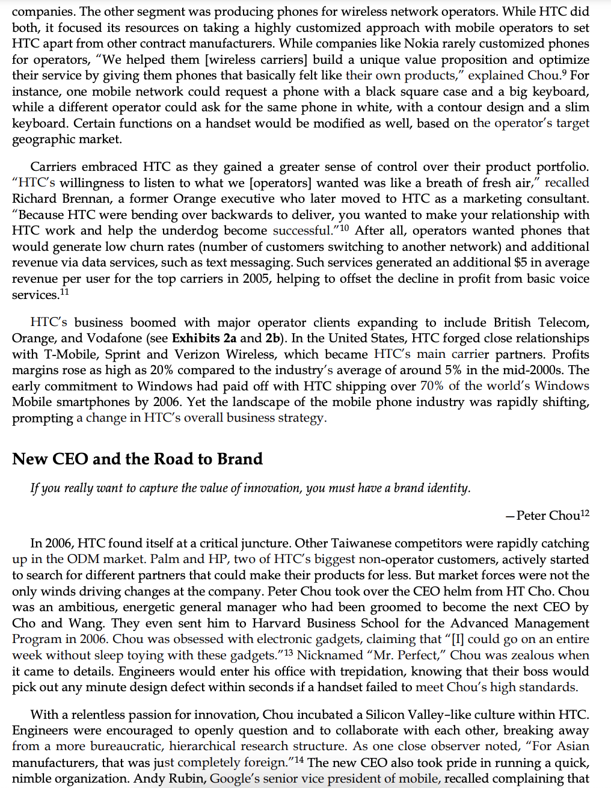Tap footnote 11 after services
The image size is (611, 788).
pyautogui.click(x=64, y=292)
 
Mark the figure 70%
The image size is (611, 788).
pyautogui.click(x=432, y=386)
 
